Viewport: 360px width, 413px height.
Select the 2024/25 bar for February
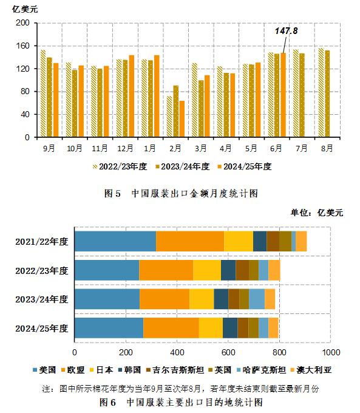click(182, 119)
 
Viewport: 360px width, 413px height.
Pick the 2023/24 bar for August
click(327, 94)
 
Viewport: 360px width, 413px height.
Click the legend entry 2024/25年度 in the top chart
click(245, 166)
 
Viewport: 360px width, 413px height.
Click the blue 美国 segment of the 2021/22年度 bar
click(115, 241)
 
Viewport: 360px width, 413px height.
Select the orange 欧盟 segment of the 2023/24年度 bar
click(165, 299)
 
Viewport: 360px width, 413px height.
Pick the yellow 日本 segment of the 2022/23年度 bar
click(206, 270)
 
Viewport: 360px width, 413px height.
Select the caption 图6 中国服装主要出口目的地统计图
click(180, 402)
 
